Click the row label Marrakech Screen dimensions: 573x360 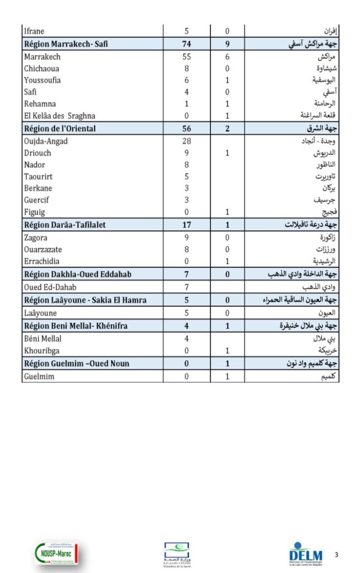[42, 57]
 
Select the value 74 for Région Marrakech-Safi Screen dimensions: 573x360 [186, 44]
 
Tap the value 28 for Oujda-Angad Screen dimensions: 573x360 [186, 141]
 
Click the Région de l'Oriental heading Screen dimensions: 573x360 [60, 129]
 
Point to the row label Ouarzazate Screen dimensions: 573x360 [43, 250]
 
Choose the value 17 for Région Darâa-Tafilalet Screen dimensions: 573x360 [186, 225]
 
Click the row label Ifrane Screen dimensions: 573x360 [34, 31]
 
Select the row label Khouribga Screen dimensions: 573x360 [43, 351]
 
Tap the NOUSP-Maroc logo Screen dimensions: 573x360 [57, 553]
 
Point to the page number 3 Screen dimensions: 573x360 [336, 555]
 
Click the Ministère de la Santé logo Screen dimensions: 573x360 [176, 554]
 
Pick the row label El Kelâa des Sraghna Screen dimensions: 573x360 [60, 116]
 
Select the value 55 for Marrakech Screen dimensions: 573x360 [186, 57]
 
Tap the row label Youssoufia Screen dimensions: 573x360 [43, 81]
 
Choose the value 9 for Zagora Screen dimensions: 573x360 [186, 238]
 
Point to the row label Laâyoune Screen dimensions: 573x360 [40, 313]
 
